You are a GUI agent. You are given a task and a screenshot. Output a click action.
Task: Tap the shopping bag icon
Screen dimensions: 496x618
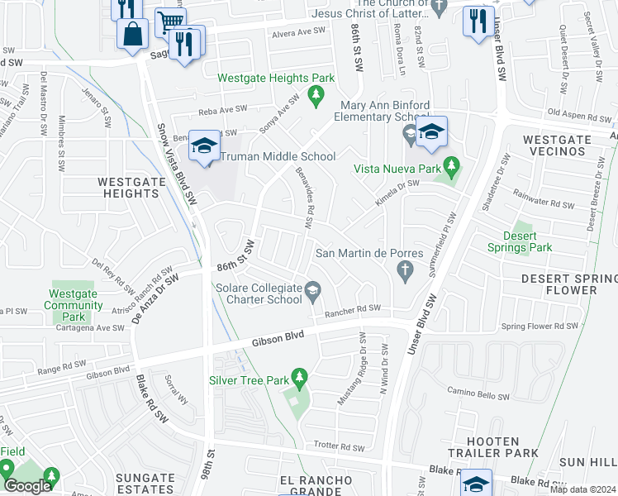pos(132,36)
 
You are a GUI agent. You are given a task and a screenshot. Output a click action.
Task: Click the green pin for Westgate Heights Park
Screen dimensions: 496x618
pos(315,97)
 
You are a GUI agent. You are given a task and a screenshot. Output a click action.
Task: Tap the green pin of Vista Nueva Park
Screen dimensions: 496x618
pos(450,168)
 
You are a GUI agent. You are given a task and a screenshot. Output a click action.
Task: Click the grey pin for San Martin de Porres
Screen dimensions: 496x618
pos(405,270)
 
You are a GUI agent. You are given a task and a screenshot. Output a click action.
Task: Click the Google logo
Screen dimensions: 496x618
pos(27,486)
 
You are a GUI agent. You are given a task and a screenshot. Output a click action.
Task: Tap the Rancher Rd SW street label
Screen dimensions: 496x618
pos(352,310)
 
